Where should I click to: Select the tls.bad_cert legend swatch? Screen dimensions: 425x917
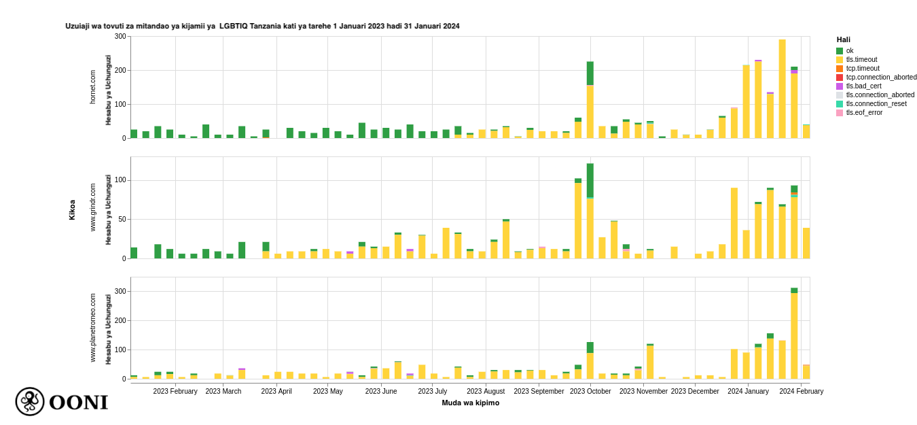tap(840, 86)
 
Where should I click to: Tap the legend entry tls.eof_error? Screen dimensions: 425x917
tap(864, 113)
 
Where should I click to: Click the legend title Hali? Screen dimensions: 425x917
tap(843, 40)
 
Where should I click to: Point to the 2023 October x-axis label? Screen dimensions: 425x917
tap(590, 391)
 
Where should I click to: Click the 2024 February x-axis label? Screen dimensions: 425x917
tap(801, 391)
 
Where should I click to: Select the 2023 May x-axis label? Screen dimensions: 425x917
tap(328, 391)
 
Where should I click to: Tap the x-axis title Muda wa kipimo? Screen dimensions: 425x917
tap(470, 403)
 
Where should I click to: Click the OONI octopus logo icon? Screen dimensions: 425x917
tap(30, 402)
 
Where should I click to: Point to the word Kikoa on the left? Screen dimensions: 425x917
tap(72, 209)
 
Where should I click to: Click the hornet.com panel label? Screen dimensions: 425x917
tap(94, 86)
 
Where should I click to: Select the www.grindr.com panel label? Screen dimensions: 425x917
tap(94, 207)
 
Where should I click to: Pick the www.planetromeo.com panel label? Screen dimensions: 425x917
tap(94, 328)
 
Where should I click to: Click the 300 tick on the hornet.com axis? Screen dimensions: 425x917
tap(121, 37)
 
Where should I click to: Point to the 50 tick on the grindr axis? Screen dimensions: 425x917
tap(123, 220)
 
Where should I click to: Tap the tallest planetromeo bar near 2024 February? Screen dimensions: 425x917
tap(794, 333)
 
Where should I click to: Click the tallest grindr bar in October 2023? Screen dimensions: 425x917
tap(590, 211)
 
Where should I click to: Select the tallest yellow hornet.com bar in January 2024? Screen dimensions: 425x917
tap(782, 89)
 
